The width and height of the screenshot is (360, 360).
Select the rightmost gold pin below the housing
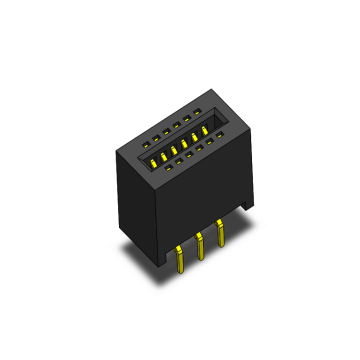[220, 235]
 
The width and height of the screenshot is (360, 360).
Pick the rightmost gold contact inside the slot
[206, 130]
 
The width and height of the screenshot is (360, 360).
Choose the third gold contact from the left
[174, 149]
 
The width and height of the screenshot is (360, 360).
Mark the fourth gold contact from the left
[185, 143]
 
